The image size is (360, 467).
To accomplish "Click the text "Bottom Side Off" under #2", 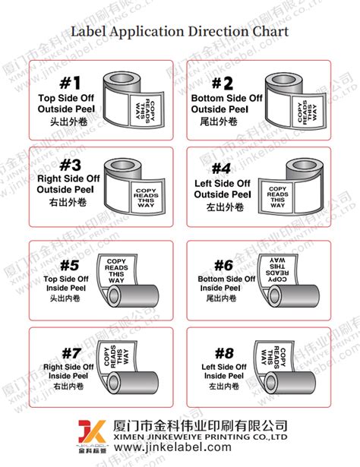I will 227,99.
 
